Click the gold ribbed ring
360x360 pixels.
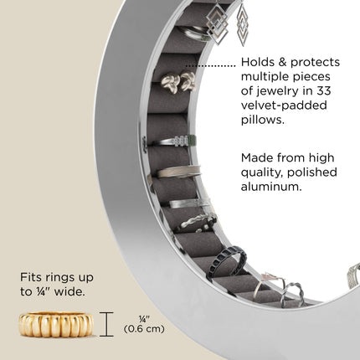coord(56,325)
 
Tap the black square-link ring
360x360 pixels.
coord(228,262)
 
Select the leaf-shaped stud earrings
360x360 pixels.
coord(177,82)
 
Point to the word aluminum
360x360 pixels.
coord(271,187)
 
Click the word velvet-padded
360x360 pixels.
coord(284,105)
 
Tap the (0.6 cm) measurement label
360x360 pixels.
coord(144,329)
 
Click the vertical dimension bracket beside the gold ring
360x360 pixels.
coord(106,324)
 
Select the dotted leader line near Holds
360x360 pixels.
coord(211,66)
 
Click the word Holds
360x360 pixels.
coord(258,62)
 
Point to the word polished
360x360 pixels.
coord(312,172)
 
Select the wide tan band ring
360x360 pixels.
coord(176,172)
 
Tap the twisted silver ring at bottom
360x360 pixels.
coord(292,295)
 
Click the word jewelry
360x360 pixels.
coord(284,91)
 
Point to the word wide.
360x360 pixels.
coord(69,292)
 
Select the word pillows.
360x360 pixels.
coord(263,120)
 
